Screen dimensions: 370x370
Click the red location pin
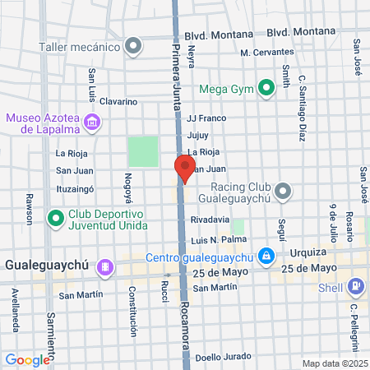click(184, 168)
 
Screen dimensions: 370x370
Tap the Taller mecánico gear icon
click(133, 47)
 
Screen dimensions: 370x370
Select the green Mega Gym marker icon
click(266, 86)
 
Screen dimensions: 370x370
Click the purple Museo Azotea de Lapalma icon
click(93, 123)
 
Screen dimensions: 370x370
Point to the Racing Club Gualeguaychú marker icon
click(284, 192)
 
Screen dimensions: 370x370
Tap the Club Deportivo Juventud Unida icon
click(56, 219)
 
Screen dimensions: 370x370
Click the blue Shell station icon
click(356, 287)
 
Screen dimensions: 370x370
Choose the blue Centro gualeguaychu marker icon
click(266, 257)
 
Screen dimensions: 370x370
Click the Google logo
click(27, 359)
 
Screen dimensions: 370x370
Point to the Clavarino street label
click(119, 102)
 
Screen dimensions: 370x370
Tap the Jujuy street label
click(198, 135)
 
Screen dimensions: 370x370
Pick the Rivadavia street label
click(209, 220)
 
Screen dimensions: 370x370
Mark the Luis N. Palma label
click(219, 240)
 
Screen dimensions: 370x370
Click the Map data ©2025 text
click(334, 363)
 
